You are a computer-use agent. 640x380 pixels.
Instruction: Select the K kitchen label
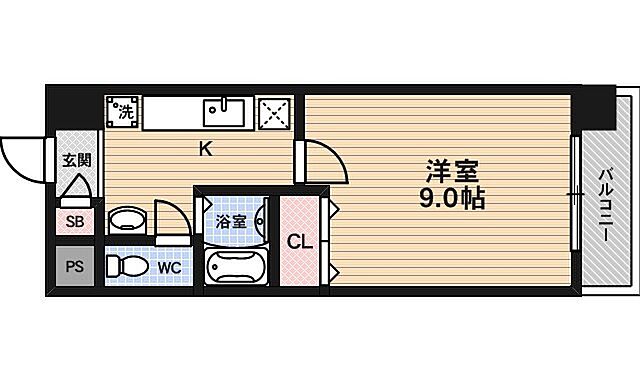tap(204, 150)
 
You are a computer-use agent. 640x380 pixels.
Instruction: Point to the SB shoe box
tap(75, 221)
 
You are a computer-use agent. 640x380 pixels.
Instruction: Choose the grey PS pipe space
tap(75, 266)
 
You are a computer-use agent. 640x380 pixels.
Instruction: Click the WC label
tap(169, 268)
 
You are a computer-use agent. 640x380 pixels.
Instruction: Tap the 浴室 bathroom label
tap(232, 221)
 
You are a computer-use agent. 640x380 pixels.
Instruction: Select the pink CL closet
tap(298, 241)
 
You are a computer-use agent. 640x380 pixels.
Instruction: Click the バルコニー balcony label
tap(606, 205)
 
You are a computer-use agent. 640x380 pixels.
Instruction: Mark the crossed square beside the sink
tap(274, 113)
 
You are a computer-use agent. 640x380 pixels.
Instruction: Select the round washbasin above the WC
tap(125, 220)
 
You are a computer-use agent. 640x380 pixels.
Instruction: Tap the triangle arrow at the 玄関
tap(76, 188)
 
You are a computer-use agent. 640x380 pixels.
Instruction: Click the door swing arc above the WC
tap(170, 218)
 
